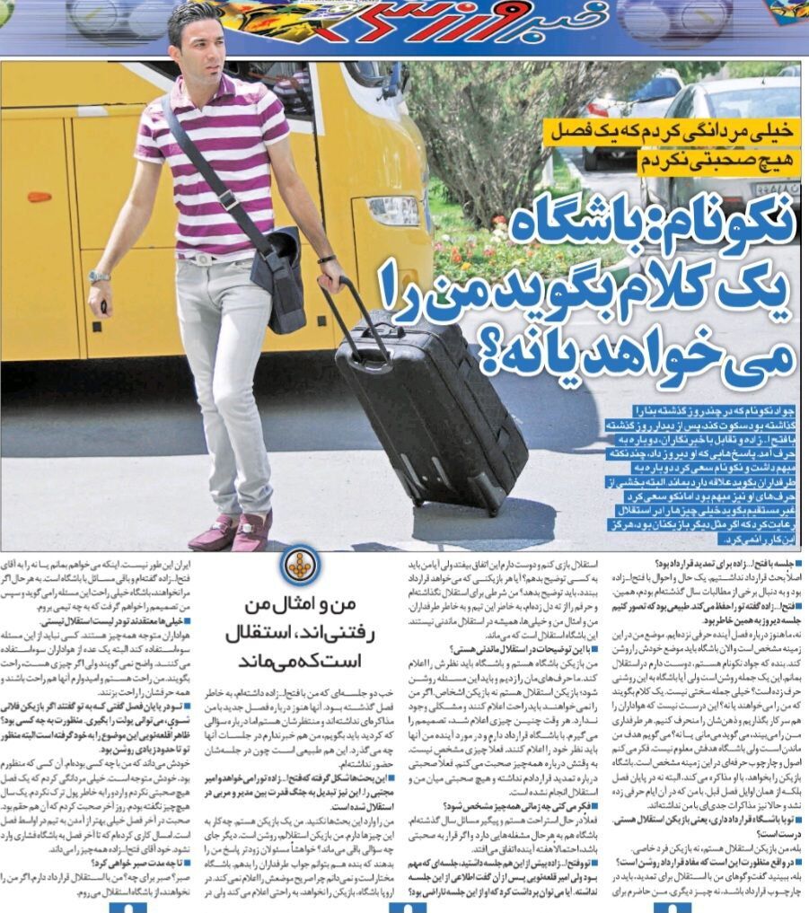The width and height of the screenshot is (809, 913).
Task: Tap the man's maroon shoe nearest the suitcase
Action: point(254,531)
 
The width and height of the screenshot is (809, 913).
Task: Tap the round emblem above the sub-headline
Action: point(297,564)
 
